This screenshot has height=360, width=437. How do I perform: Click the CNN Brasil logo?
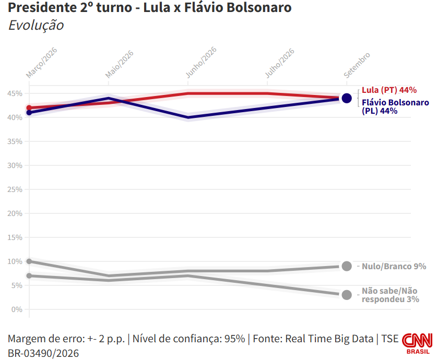pos(417,344)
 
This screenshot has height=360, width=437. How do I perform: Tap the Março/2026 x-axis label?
pos(42,63)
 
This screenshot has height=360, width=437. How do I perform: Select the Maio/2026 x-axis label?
pos(119,64)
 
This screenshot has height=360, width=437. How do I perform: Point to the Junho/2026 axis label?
pos(201,62)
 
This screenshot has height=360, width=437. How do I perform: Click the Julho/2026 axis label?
pos(279,63)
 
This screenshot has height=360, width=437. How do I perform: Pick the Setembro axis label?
pos(357,65)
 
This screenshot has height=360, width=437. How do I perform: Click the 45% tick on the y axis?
pos(15,93)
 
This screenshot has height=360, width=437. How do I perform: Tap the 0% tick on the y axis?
pos(17,309)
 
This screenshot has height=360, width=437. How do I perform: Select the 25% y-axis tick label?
pos(15,189)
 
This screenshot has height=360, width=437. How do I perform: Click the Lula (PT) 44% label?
pos(389,90)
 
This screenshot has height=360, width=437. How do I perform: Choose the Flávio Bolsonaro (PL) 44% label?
pos(395,106)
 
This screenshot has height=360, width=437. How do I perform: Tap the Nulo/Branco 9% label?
pos(394,266)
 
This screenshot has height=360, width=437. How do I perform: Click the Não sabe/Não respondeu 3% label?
pos(390,295)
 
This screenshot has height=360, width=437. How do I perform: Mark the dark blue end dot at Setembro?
pos(347,98)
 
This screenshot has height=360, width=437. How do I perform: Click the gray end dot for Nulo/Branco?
pos(347,266)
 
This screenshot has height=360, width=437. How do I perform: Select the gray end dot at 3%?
pos(347,295)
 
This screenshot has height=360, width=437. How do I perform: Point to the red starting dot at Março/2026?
pos(29,108)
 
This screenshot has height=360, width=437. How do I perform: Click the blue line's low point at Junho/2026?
pos(188,117)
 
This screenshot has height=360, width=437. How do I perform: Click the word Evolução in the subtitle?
pos(36,25)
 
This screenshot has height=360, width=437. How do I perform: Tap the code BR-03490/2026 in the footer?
pos(43,353)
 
